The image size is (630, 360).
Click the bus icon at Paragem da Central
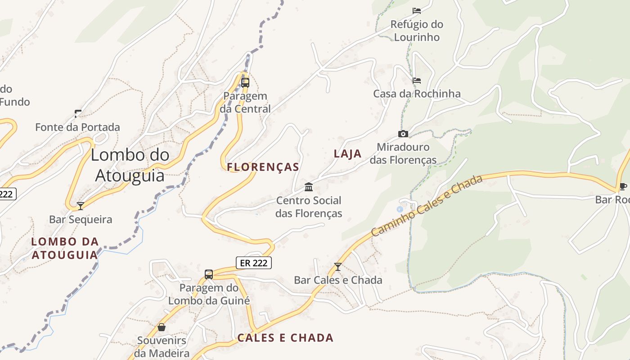pos(245,83)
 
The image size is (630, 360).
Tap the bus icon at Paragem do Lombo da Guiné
pos(209,274)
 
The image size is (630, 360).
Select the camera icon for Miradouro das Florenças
pos(403,134)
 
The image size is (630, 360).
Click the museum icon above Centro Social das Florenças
pos(309,187)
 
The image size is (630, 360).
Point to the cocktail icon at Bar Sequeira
pos(81,206)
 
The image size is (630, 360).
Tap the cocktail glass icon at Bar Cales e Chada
pos(338,266)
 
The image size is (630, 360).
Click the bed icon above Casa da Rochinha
pos(417,81)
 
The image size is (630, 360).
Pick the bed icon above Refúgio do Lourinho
pos(417,11)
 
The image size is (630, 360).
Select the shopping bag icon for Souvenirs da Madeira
pos(162,327)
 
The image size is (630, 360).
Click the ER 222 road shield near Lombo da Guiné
pos(254,262)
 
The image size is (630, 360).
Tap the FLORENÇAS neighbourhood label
pos(263,167)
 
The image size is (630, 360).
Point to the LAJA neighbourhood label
pos(348,154)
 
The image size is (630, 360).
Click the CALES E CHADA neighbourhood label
pos(285,337)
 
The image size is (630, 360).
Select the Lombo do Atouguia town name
pos(130,165)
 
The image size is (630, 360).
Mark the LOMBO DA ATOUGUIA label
pos(65,248)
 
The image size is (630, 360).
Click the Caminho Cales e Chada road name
pos(427,205)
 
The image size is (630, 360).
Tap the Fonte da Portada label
pos(78,127)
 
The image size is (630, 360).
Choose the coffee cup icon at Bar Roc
pos(623,186)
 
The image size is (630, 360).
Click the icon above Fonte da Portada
pos(78,114)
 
